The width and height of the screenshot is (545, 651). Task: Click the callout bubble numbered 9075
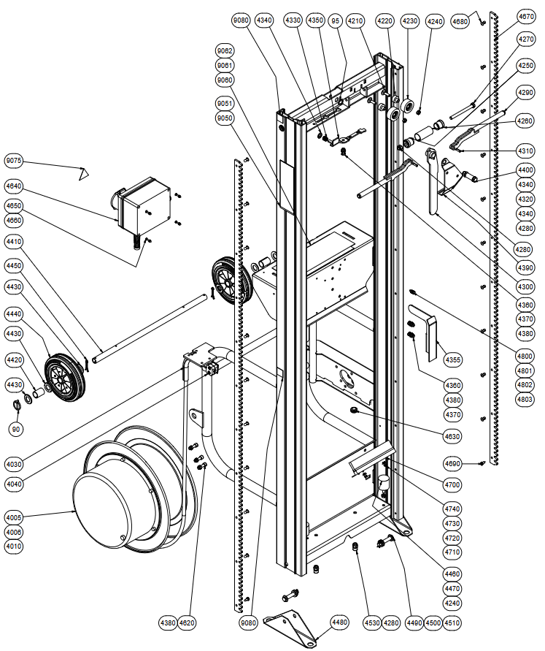point(14,161)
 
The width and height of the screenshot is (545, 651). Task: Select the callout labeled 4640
point(14,186)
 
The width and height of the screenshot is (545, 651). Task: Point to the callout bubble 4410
point(14,242)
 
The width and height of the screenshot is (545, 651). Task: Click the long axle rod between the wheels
point(150,328)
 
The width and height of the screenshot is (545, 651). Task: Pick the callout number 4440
point(14,314)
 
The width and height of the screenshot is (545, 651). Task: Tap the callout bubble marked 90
point(16,430)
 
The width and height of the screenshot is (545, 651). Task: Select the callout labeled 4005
point(14,518)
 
